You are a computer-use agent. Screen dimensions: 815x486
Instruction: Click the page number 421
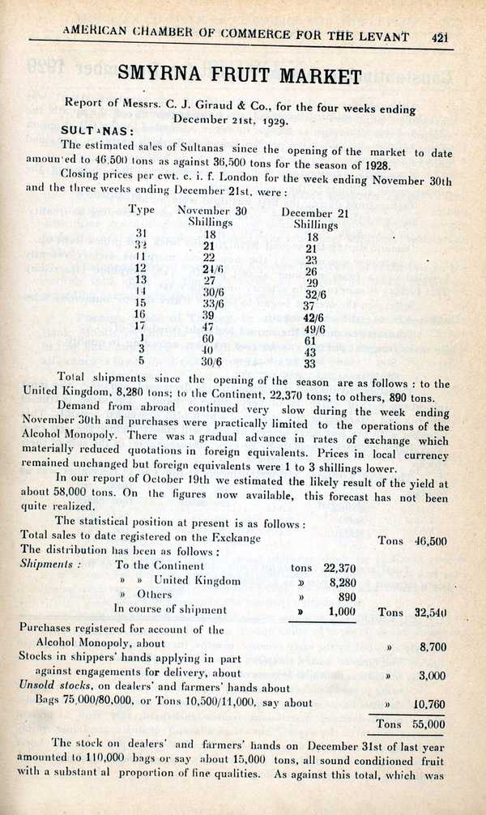(x=441, y=36)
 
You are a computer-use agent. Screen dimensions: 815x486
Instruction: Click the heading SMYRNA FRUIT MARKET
(x=240, y=76)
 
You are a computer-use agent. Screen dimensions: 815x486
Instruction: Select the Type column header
(x=142, y=209)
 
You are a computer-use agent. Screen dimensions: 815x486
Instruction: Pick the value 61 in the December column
(x=310, y=341)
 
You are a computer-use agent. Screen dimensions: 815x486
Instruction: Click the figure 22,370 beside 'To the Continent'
(x=339, y=567)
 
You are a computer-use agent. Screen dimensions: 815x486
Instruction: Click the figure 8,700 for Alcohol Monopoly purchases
(x=428, y=646)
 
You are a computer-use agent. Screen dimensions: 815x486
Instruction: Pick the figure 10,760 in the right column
(x=428, y=704)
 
